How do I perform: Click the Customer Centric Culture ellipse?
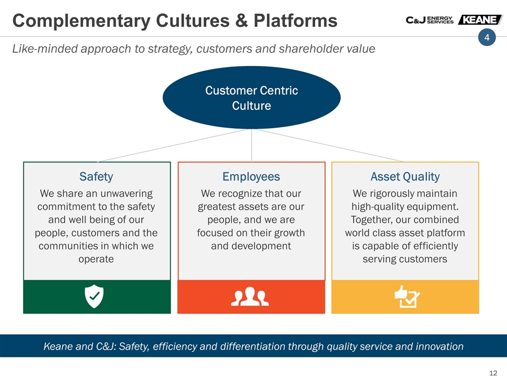[x=251, y=98]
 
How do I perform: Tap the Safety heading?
[x=96, y=177]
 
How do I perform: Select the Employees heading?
[x=251, y=177]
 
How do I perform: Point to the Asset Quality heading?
[x=405, y=177]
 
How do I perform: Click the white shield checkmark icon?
[x=94, y=296]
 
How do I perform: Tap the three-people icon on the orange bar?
[x=250, y=296]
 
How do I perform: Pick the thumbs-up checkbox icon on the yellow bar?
[x=407, y=296]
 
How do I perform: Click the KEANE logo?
[x=480, y=20]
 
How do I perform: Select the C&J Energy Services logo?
[x=430, y=20]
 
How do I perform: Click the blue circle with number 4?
[x=487, y=37]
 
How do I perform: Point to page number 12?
[x=493, y=373]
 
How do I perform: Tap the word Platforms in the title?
[x=295, y=21]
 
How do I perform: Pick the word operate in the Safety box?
[x=96, y=260]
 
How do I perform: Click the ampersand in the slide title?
[x=241, y=21]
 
